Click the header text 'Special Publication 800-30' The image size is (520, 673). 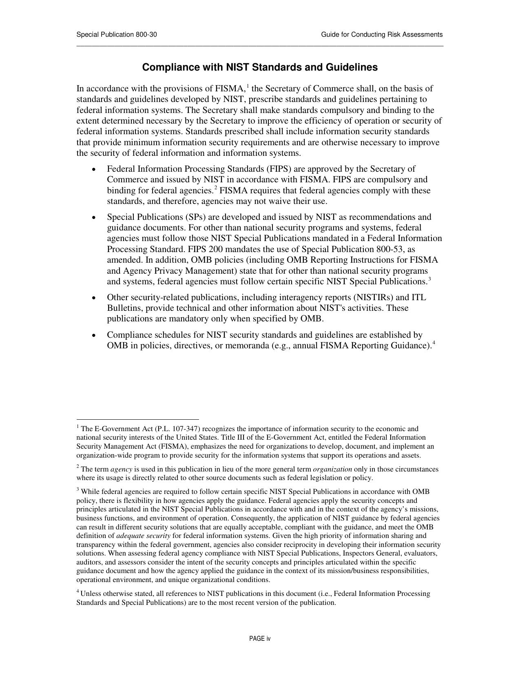click(117, 35)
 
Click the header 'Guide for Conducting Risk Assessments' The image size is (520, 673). click(381, 35)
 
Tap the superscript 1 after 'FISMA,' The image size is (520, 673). click(248, 86)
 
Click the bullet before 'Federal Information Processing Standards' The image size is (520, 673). click(94, 169)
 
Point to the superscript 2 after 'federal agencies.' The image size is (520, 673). click(216, 188)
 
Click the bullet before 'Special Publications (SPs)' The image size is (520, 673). click(94, 217)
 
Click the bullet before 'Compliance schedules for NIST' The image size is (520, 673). click(94, 335)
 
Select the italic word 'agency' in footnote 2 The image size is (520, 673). click(121, 469)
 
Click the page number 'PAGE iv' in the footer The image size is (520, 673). click(260, 639)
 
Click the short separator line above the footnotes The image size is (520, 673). click(137, 419)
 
